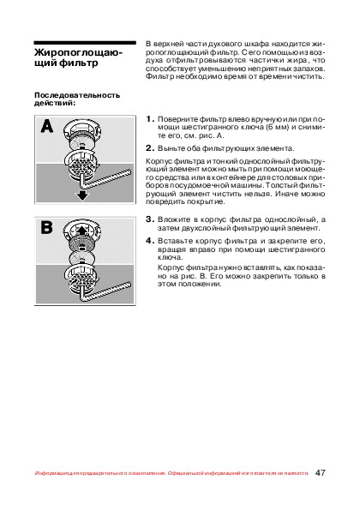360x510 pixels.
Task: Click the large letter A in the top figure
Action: click(x=47, y=127)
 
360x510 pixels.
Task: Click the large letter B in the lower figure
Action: click(x=46, y=227)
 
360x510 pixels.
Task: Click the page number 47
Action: click(x=320, y=472)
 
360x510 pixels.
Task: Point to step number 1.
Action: click(x=150, y=119)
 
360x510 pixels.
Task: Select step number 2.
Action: click(x=150, y=148)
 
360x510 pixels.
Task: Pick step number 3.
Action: click(x=150, y=219)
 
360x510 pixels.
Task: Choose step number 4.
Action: click(x=150, y=241)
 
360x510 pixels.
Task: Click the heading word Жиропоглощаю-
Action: click(x=78, y=52)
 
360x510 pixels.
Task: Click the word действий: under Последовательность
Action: click(x=55, y=104)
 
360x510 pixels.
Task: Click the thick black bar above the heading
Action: click(x=85, y=43)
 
